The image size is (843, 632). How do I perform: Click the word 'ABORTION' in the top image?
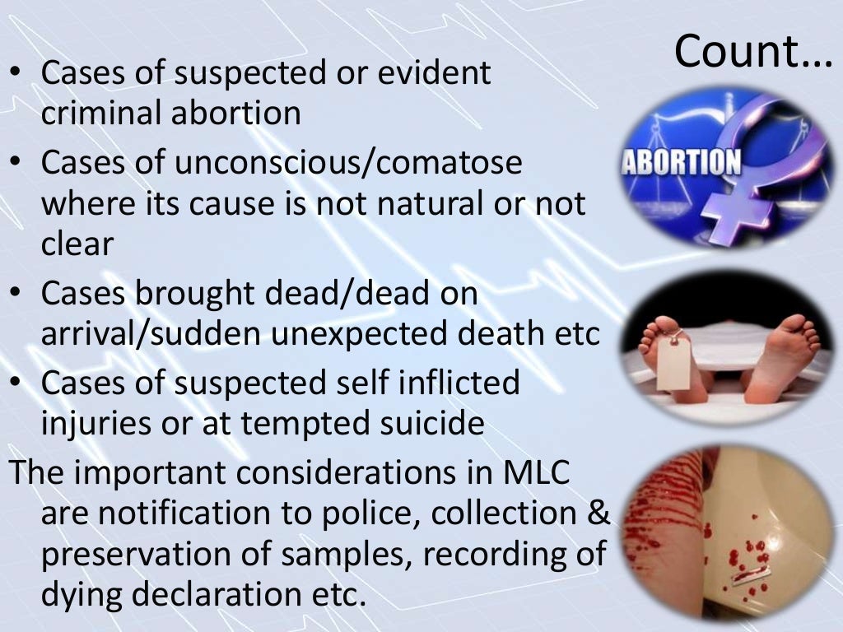click(680, 161)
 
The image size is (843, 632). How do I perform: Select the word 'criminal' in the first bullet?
click(100, 113)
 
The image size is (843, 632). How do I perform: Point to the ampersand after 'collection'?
click(599, 513)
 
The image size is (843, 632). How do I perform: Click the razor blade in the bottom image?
click(747, 577)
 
